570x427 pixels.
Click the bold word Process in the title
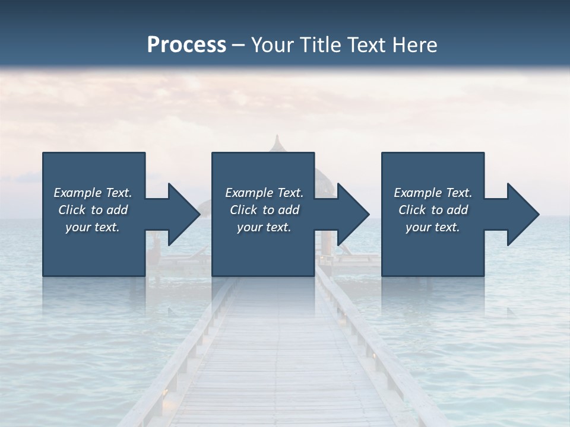186,44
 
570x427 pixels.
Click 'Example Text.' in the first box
93,193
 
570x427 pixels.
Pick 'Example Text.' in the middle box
264,193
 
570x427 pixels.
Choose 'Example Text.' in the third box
433,193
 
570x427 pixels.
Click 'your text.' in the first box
93,227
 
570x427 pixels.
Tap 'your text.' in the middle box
264,227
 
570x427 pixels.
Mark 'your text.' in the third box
433,227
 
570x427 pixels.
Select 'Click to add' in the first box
93,210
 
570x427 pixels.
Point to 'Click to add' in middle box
264,210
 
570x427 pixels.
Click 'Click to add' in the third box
433,210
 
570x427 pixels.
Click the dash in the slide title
238,45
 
